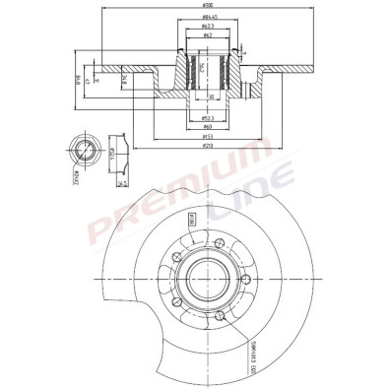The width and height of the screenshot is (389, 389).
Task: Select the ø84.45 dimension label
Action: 208,17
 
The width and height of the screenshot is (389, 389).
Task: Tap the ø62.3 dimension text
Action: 208,27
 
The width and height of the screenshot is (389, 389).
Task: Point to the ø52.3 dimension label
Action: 208,117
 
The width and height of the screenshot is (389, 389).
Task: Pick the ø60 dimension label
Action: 208,127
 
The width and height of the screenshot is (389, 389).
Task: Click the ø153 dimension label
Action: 208,136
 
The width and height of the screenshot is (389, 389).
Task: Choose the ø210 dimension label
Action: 208,146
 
